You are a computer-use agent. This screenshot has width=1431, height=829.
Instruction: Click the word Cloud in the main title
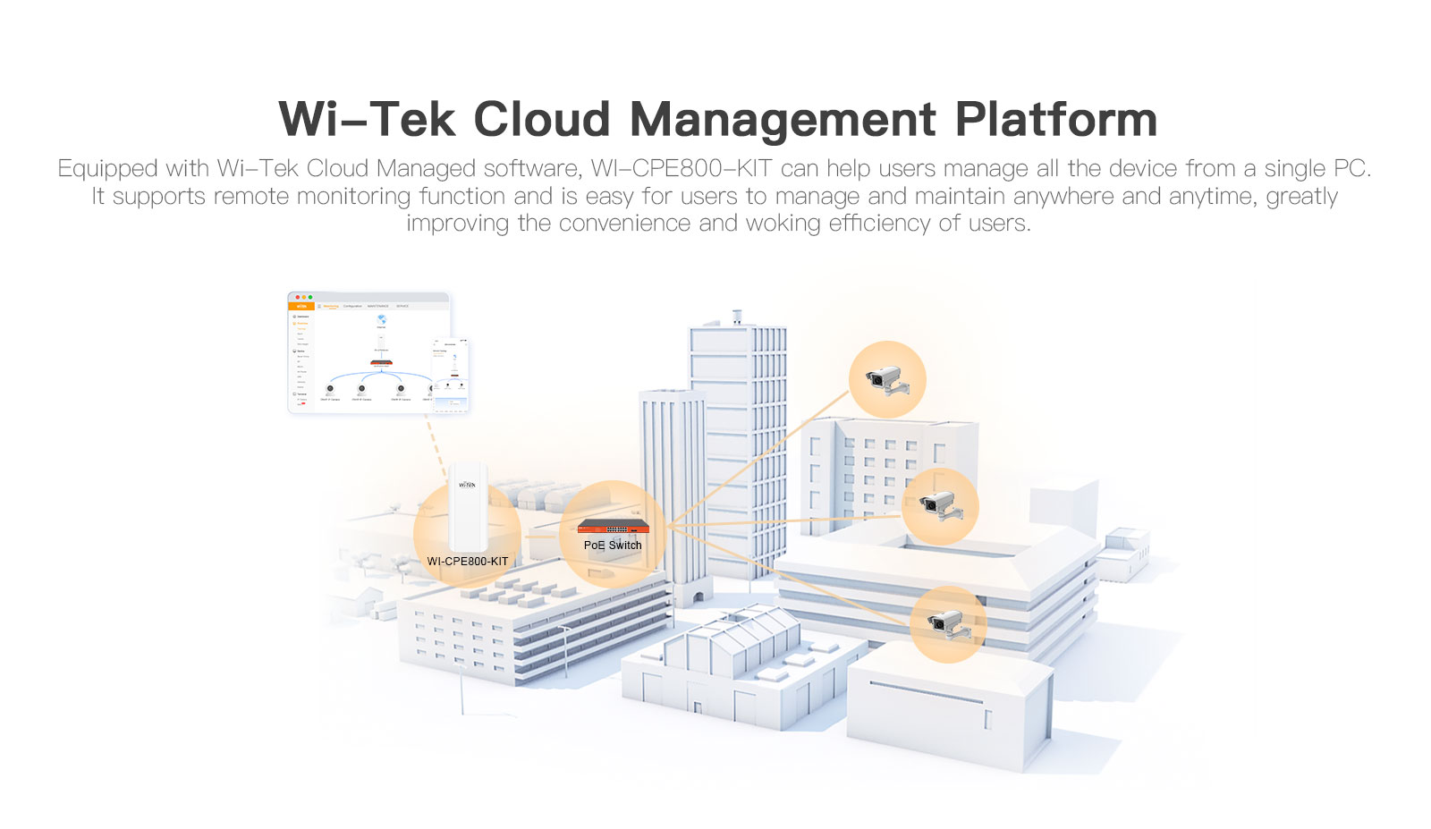pyautogui.click(x=541, y=119)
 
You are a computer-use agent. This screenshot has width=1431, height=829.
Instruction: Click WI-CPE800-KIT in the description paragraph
pyautogui.click(x=681, y=168)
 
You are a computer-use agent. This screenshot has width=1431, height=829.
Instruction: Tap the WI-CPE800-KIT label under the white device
pyautogui.click(x=467, y=562)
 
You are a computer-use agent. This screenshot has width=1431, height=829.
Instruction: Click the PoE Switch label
pyautogui.click(x=613, y=546)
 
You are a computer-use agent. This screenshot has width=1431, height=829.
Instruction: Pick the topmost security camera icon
pyautogui.click(x=886, y=379)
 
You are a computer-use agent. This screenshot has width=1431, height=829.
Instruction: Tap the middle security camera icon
pyautogui.click(x=939, y=506)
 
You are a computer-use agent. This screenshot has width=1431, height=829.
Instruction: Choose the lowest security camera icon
pyautogui.click(x=947, y=624)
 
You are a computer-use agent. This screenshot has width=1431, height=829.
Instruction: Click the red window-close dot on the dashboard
pyautogui.click(x=297, y=297)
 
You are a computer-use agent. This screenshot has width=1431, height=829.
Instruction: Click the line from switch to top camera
pyautogui.click(x=760, y=456)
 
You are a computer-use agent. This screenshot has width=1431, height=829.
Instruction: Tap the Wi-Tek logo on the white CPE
pyautogui.click(x=467, y=485)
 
